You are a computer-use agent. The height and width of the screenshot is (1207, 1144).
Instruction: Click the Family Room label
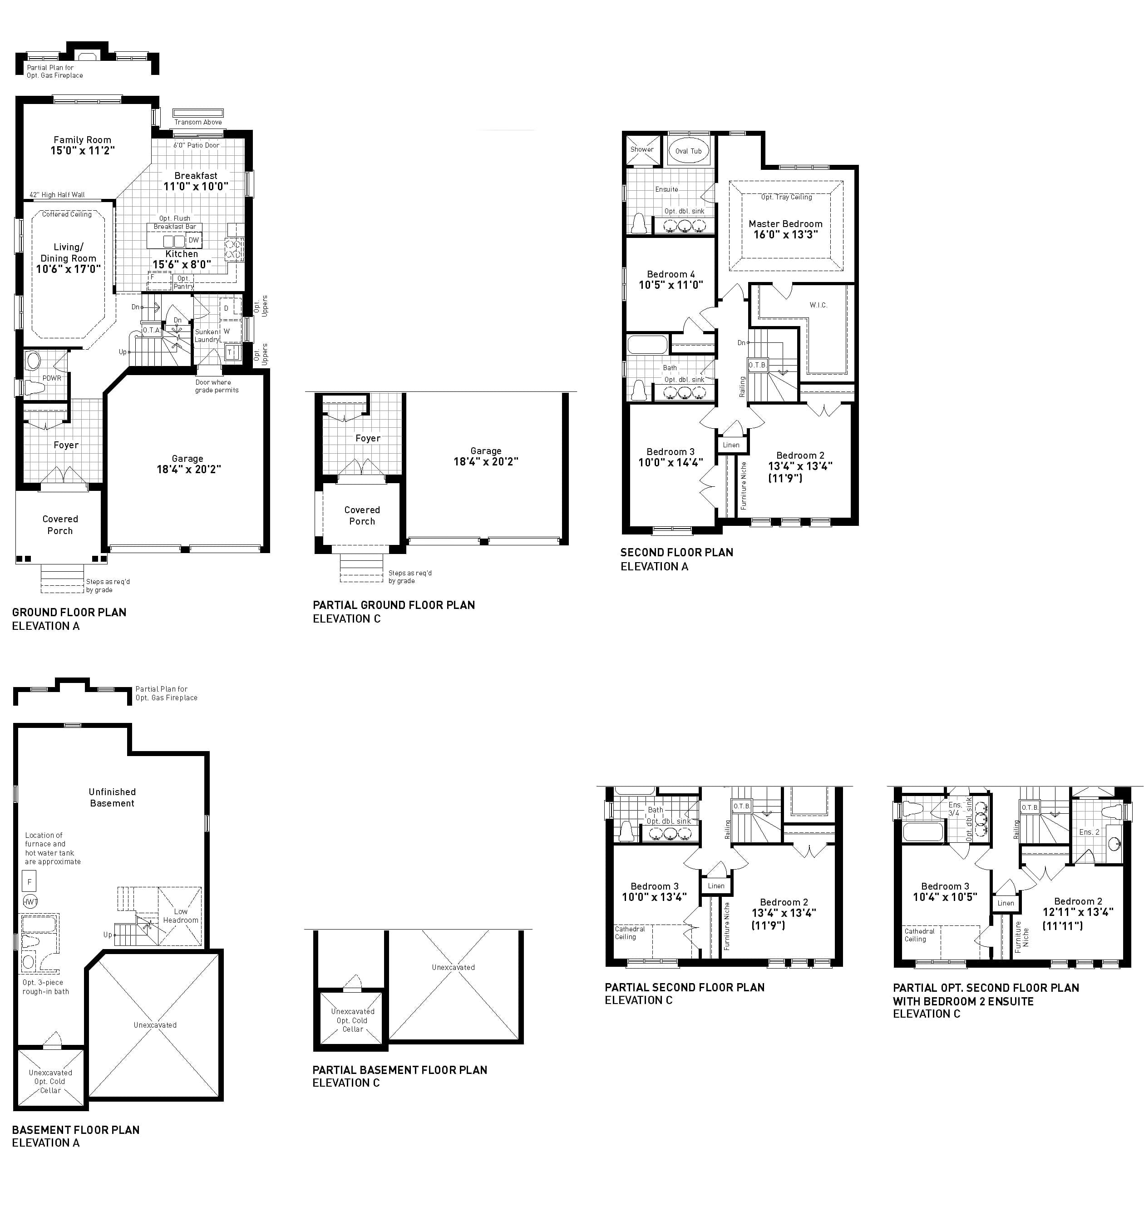click(x=82, y=140)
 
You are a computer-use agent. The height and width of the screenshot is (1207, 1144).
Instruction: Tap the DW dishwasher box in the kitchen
click(x=193, y=240)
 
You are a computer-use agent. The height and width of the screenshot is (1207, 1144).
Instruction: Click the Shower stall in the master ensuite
click(x=641, y=149)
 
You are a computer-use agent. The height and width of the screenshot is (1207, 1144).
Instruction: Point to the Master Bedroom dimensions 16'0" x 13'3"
click(x=785, y=235)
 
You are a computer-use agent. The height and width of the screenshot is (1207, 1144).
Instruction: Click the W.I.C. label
click(x=819, y=305)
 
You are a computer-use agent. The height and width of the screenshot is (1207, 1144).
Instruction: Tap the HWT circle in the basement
click(x=30, y=901)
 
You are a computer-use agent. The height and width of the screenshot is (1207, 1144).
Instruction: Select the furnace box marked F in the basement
click(x=29, y=881)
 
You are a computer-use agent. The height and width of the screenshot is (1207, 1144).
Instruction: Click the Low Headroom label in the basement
click(x=181, y=915)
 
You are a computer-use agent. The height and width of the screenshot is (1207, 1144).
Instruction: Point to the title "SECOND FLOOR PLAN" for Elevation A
click(x=676, y=552)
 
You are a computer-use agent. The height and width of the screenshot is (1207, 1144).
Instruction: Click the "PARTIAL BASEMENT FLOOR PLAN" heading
click(x=399, y=1070)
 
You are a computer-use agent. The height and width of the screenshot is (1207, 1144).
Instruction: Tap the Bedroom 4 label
click(x=671, y=274)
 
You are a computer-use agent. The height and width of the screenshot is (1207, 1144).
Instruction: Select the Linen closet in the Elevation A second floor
click(x=731, y=445)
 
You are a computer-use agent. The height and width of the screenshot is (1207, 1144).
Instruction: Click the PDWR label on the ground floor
click(x=52, y=378)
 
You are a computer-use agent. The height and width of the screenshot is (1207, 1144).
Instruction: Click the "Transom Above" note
click(x=198, y=122)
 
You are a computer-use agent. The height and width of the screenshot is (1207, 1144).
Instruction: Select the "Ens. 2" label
click(x=1089, y=832)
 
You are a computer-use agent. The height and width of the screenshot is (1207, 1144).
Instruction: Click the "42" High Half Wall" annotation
click(x=57, y=194)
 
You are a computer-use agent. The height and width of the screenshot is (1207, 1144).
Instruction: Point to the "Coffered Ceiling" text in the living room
click(x=67, y=214)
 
